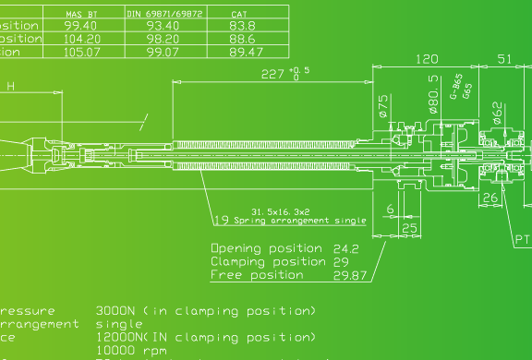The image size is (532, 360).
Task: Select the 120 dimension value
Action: [426, 59]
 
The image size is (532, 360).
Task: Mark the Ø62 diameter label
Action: [497, 112]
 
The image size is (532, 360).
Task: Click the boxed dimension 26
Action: [490, 197]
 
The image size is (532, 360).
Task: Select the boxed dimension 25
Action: [410, 227]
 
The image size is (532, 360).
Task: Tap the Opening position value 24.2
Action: [345, 249]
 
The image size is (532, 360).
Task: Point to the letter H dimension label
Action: [11, 87]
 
